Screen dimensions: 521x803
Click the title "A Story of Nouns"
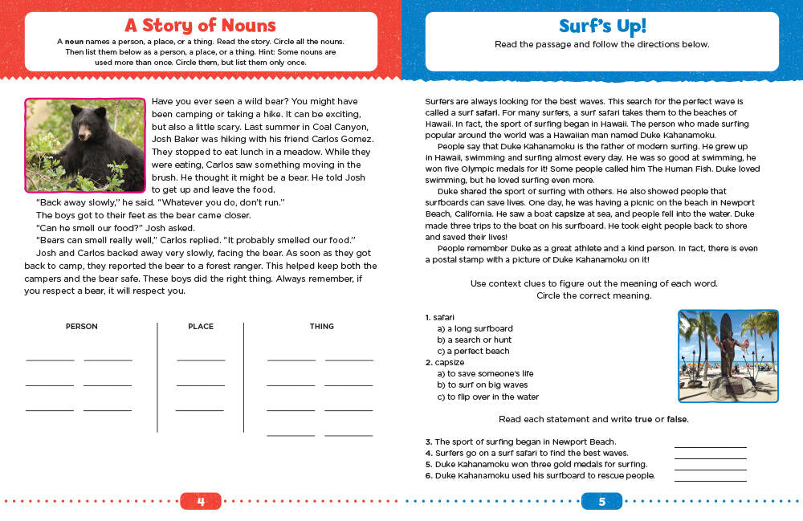[x=201, y=26]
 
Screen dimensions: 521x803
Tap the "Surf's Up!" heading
[x=601, y=26]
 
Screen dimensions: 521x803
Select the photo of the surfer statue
[x=728, y=356]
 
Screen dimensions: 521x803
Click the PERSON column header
[x=81, y=327]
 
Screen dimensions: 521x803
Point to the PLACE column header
[x=200, y=327]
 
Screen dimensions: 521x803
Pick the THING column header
[x=321, y=327]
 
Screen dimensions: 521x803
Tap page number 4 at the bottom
[x=201, y=502]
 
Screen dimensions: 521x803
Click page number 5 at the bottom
[x=601, y=502]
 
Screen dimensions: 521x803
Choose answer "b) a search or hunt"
[x=474, y=340]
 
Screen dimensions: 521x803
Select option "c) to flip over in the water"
[x=487, y=397]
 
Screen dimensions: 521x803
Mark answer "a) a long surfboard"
[x=475, y=328]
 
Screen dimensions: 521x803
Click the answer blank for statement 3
[x=710, y=443]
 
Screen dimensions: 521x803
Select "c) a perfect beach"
[x=473, y=351]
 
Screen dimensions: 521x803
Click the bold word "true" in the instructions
[x=644, y=419]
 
